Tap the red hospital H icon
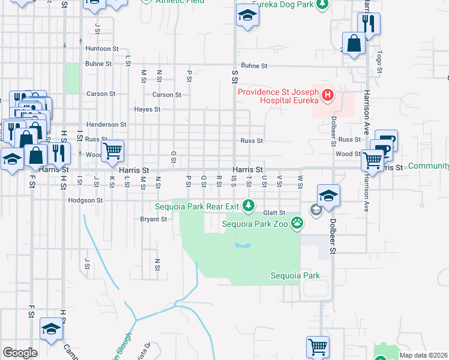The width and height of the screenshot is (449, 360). [x=328, y=94]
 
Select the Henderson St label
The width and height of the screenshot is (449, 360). [x=106, y=125]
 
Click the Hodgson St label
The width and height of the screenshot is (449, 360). [x=86, y=200]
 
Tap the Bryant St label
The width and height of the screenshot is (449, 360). [x=153, y=220]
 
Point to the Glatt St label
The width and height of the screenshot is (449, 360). [x=273, y=213]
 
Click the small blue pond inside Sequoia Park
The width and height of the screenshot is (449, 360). [x=243, y=245]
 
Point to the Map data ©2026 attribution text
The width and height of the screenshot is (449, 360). [x=423, y=355]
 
